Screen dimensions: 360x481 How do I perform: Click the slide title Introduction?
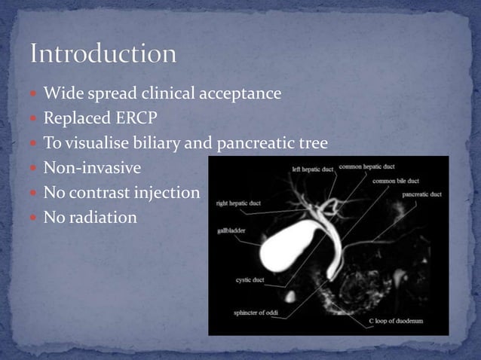click(x=103, y=54)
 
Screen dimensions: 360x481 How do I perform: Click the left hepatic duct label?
click(x=313, y=169)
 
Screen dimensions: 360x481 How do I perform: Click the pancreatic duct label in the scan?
click(x=421, y=194)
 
